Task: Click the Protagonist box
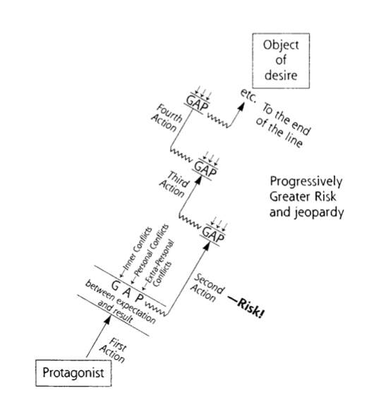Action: pos(73,373)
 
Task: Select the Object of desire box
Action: pos(281,61)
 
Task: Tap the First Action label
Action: pos(113,350)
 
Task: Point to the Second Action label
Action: pos(207,288)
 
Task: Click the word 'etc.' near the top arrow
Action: pos(248,95)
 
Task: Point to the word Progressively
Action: pos(306,182)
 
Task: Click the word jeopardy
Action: pos(320,213)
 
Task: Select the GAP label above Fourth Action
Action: pos(198,103)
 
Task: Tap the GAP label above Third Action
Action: pos(205,169)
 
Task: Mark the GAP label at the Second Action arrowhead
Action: pos(213,235)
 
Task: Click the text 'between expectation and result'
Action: pos(121,303)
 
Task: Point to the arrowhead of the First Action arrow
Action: pos(107,319)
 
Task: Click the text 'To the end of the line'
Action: pos(283,126)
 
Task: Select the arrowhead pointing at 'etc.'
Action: pos(242,106)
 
